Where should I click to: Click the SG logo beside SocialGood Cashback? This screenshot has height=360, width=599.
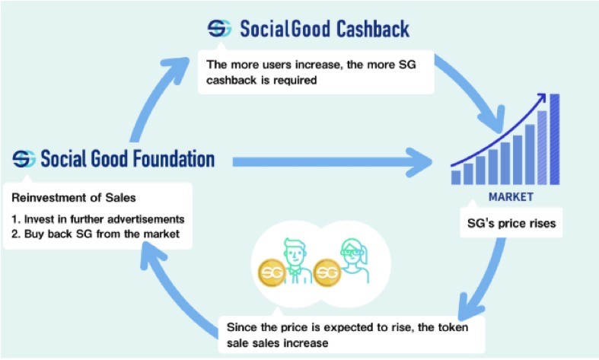(x=219, y=29)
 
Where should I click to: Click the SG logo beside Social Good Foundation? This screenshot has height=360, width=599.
(x=24, y=159)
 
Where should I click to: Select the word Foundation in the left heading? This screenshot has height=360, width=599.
(x=170, y=158)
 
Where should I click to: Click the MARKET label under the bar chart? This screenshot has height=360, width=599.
(x=511, y=197)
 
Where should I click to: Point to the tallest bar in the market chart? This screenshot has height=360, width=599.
(x=554, y=139)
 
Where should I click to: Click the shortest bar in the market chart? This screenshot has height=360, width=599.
(x=456, y=177)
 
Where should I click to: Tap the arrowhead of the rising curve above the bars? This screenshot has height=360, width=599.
(x=541, y=97)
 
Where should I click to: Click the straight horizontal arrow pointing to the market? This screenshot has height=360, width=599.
(x=333, y=162)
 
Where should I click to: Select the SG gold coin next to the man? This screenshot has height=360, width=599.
(x=272, y=272)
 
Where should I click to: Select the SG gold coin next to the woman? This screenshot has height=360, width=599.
(x=327, y=272)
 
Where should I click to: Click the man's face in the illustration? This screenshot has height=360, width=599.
(x=295, y=253)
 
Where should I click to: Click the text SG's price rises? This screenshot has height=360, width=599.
(x=511, y=223)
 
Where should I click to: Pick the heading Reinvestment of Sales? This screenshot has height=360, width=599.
(x=74, y=198)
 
